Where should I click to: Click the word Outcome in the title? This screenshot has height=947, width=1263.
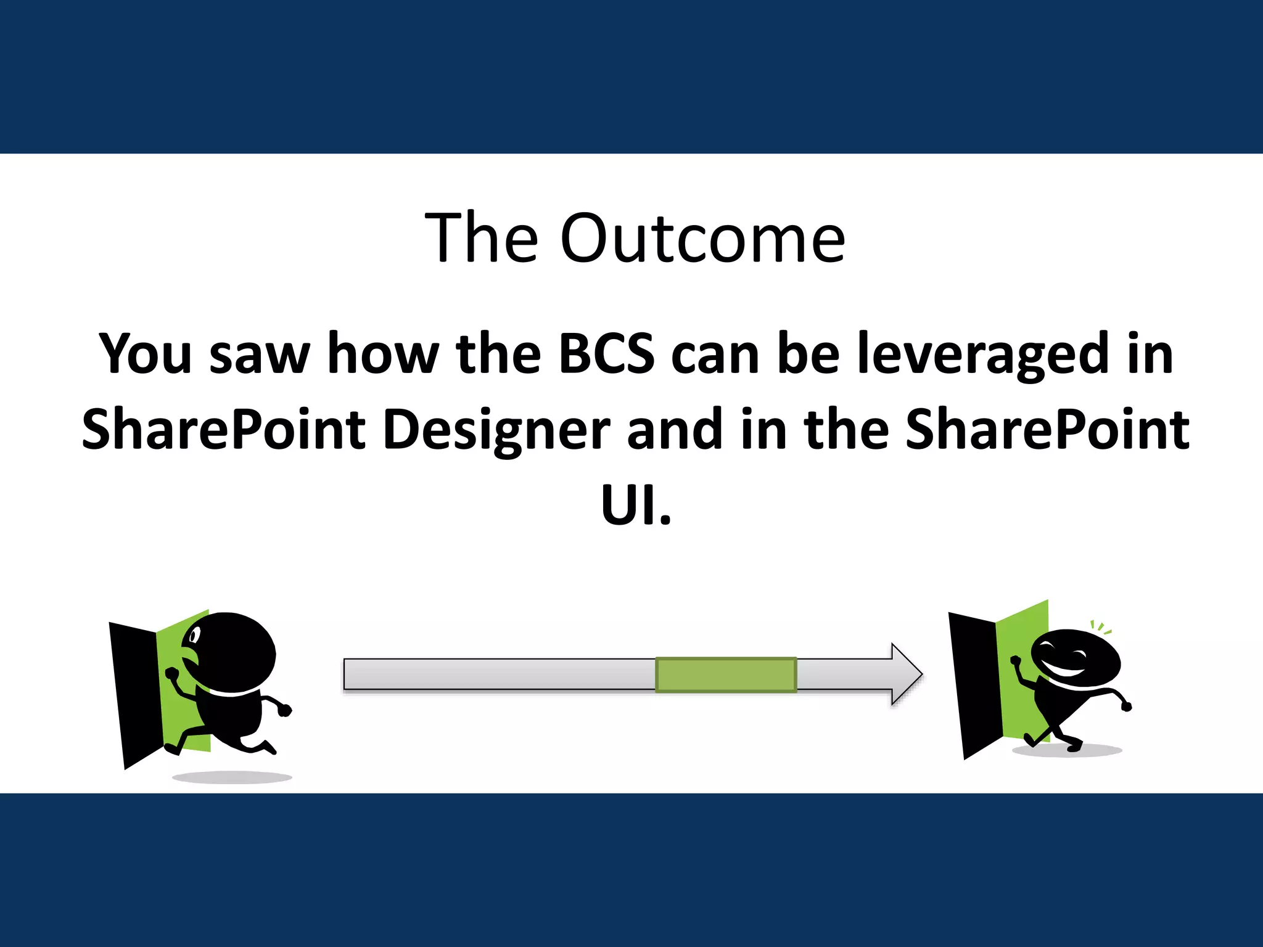click(x=702, y=239)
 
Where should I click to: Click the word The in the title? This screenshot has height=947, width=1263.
click(x=481, y=239)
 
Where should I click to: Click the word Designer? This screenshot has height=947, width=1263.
click(x=496, y=430)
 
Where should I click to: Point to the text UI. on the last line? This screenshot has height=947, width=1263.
click(x=635, y=504)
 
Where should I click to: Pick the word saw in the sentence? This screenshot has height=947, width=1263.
click(x=260, y=355)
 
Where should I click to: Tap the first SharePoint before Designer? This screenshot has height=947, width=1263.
click(x=224, y=429)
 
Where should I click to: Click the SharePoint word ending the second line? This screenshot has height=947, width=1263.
click(x=1047, y=429)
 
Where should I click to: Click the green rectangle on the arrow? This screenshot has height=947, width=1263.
click(x=725, y=674)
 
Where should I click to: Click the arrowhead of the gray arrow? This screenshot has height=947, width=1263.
click(x=905, y=674)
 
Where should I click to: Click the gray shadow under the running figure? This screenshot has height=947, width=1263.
click(x=232, y=777)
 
